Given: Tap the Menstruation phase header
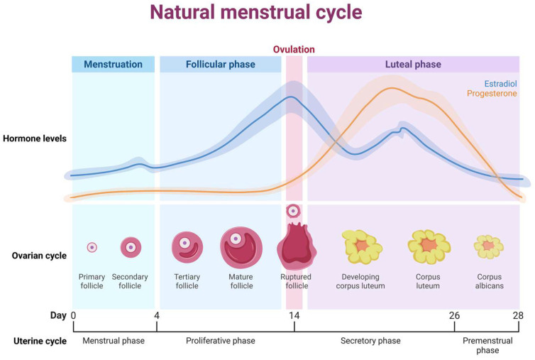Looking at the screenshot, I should [x=113, y=64].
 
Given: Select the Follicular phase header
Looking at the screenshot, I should [x=221, y=64].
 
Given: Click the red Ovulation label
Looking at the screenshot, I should [x=294, y=50].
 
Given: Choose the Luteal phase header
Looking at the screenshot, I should [x=413, y=64].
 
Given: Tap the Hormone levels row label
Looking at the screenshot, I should [x=34, y=138].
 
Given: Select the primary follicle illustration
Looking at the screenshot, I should [x=92, y=247].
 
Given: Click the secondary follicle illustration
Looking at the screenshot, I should [x=131, y=247].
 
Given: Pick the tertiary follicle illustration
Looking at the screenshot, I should [x=187, y=246].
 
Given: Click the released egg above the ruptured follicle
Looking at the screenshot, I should [x=293, y=211].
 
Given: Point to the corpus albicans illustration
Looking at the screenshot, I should [x=489, y=246].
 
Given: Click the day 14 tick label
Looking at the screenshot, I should [x=294, y=315].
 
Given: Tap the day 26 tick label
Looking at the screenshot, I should [x=454, y=315].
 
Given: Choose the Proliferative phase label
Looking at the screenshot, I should [x=221, y=341].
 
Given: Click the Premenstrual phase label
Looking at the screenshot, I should [x=487, y=345].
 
